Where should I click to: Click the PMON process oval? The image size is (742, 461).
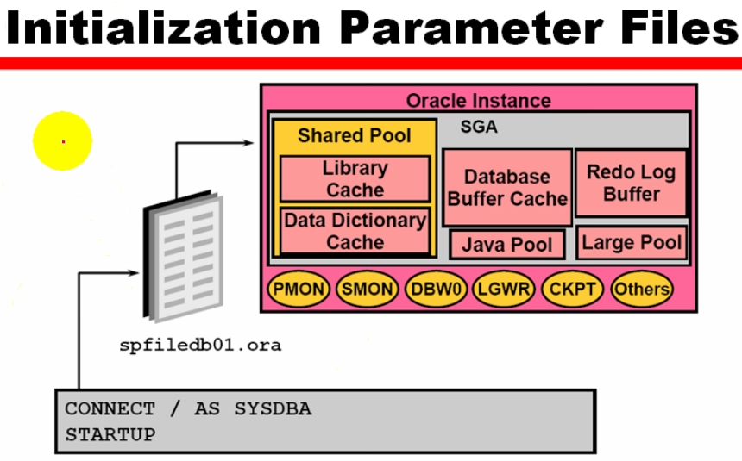[x=299, y=289]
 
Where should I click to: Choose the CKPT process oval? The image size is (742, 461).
[x=573, y=289]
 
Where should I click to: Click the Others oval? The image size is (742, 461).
[x=641, y=289]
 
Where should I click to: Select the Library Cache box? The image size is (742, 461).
[x=355, y=178]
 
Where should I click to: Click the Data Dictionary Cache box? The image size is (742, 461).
[x=355, y=230]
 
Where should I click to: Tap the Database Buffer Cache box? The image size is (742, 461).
[x=507, y=187]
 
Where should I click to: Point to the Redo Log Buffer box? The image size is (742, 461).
[x=631, y=183]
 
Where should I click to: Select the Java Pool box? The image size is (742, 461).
[x=507, y=244]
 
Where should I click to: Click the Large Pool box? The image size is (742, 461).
[x=632, y=242]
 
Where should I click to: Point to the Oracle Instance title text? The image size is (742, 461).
[x=478, y=100]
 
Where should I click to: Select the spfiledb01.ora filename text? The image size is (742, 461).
[x=200, y=346]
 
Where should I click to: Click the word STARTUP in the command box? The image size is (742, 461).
[x=110, y=433]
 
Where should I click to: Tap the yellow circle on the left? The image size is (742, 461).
[x=63, y=140]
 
